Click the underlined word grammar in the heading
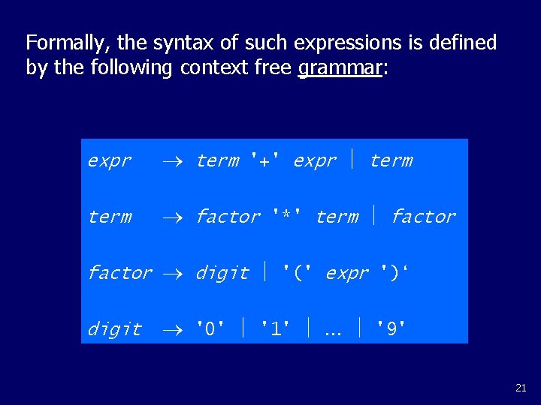click(340, 67)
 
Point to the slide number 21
click(521, 388)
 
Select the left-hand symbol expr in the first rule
click(109, 160)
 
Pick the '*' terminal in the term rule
click(287, 217)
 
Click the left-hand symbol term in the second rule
click(109, 217)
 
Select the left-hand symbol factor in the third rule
click(119, 273)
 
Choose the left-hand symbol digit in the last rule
click(114, 329)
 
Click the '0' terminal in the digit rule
click(210, 329)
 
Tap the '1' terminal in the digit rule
click(275, 329)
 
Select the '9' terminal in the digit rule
click(391, 329)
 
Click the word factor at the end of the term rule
click(423, 217)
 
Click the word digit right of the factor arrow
click(222, 273)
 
